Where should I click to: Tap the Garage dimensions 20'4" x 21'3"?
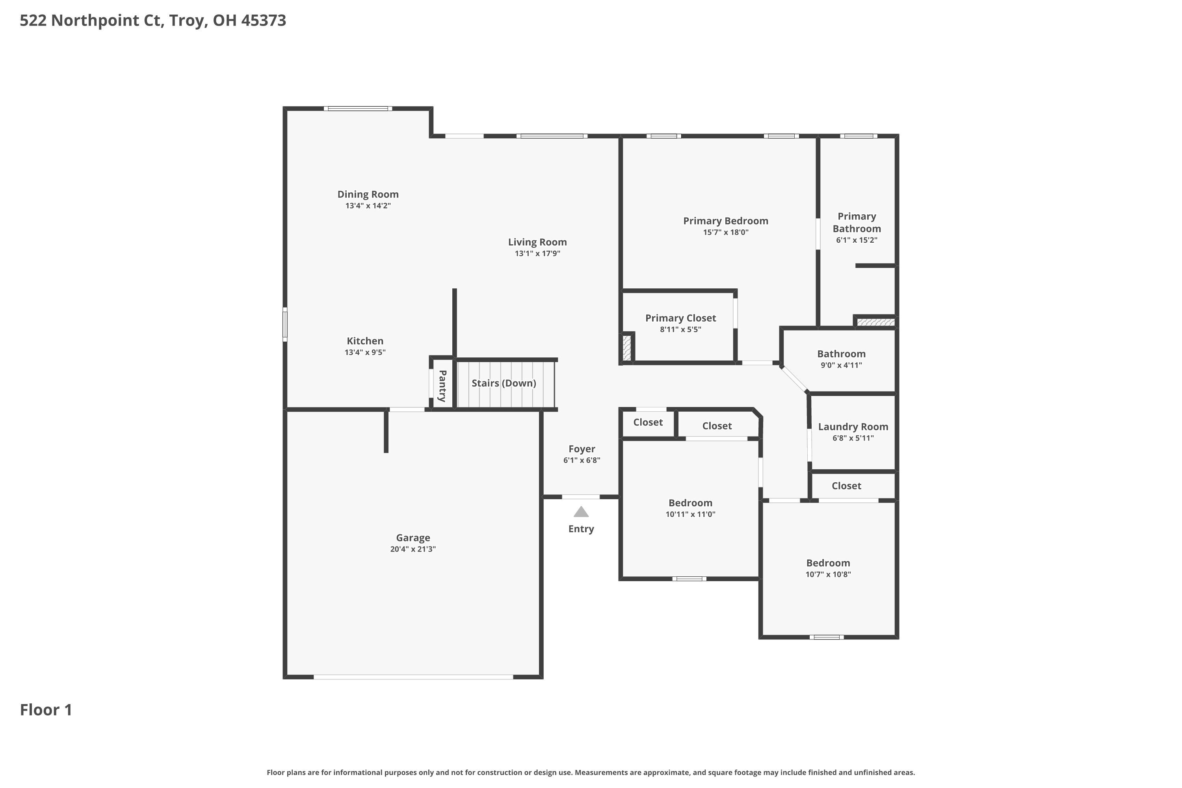413,549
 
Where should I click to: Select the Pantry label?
442,386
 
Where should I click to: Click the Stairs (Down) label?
504,383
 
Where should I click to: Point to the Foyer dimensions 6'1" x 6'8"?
582,460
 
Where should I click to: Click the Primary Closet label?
680,318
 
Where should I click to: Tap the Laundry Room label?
853,427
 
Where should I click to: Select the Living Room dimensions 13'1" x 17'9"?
537,254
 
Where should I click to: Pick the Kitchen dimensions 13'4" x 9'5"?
365,352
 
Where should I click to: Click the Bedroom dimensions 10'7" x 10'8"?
828,574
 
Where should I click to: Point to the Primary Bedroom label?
725,221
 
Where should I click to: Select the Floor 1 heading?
46,710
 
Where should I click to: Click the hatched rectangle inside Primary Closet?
627,347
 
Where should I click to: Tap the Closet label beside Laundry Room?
846,486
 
